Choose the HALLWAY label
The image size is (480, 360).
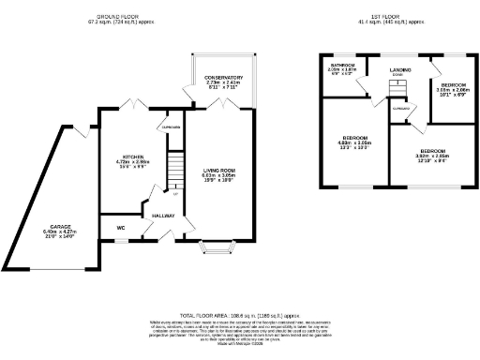point(165,216)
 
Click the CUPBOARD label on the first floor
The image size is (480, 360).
point(400,109)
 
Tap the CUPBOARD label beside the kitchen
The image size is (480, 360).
point(170,127)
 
